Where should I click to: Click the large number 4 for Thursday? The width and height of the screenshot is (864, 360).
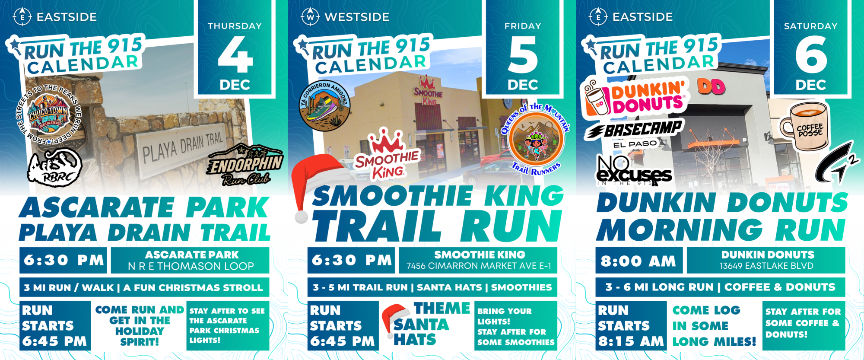pos(235,54)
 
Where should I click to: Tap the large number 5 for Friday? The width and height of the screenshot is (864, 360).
pos(523,54)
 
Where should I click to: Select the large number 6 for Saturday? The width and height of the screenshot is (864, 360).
pos(811,54)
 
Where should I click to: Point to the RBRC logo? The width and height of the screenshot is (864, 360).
pos(54,167)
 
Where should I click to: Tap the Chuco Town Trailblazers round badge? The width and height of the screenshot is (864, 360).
pos(48,115)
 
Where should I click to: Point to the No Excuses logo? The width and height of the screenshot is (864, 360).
pos(633,171)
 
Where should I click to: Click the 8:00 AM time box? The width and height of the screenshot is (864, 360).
pos(639,261)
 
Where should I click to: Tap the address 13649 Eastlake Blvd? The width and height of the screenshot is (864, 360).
pos(766,266)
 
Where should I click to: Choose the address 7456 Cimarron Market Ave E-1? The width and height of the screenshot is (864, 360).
pos(479,266)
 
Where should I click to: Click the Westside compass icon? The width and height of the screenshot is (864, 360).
pos(310,17)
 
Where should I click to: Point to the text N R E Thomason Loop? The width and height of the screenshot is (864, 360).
pos(191,266)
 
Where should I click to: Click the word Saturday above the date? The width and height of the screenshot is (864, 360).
pos(811,26)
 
